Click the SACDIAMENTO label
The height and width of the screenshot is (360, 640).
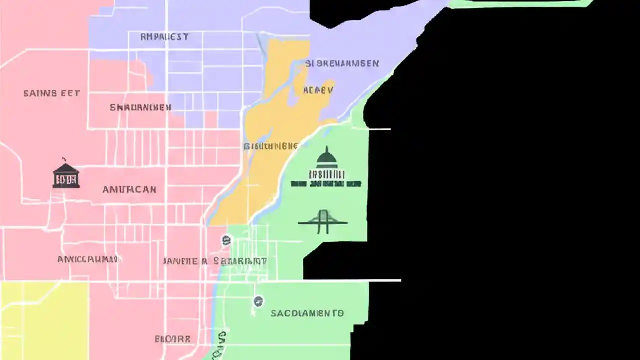[307, 313]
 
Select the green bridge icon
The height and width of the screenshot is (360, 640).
[323, 222]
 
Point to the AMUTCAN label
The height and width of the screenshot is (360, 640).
[129, 190]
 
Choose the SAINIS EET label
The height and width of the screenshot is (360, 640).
[52, 93]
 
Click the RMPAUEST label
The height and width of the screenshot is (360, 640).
[164, 37]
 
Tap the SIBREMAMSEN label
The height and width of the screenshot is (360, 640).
[342, 64]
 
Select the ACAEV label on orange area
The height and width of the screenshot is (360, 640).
[318, 90]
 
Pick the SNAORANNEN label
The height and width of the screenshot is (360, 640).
[140, 107]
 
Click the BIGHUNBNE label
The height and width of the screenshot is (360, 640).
[271, 146]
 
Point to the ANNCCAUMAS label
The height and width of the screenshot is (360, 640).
[87, 259]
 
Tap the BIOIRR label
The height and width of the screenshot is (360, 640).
[172, 339]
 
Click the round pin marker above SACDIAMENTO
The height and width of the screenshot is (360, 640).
[258, 301]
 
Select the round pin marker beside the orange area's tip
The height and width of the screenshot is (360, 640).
[226, 241]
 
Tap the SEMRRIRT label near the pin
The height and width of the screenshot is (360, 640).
[240, 261]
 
